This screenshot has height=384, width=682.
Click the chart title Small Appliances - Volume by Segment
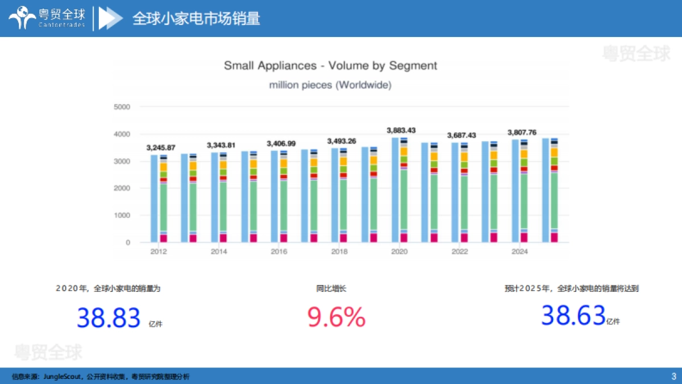[x=330, y=65]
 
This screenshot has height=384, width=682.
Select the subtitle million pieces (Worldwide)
[x=330, y=85]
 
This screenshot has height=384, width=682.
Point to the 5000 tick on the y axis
[x=122, y=107]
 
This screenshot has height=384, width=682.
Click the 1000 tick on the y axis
[x=122, y=216]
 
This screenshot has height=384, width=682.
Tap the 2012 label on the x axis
[x=159, y=251]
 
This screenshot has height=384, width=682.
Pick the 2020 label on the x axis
[x=400, y=251]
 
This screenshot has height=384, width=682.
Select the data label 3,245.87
[x=160, y=147]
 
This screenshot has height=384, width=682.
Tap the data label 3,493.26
[x=342, y=141]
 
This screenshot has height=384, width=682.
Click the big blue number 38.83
[x=109, y=317]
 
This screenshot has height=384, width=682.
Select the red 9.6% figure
[x=336, y=317]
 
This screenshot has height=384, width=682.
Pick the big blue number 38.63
[x=573, y=315]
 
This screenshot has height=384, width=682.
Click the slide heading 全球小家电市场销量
[x=196, y=18]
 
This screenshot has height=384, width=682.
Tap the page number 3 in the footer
[x=673, y=376]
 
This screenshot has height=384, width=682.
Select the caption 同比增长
[x=331, y=288]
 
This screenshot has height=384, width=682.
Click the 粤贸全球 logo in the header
[x=48, y=18]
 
